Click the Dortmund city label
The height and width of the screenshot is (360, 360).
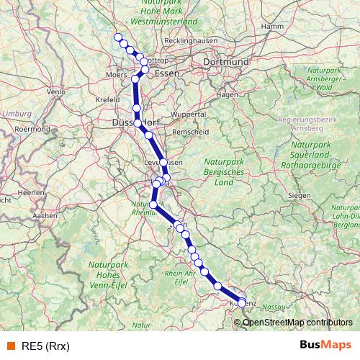(x=226, y=63)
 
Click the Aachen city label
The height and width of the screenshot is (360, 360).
(x=45, y=215)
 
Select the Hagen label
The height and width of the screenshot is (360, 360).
(x=227, y=94)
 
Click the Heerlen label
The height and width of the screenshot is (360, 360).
(x=31, y=193)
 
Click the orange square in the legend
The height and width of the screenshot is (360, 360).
(x=10, y=346)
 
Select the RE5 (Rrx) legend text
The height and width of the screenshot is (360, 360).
(x=46, y=346)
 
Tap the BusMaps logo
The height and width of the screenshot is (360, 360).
(x=325, y=345)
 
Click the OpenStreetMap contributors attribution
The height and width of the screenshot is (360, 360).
(x=297, y=322)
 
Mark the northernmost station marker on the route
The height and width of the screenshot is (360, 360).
(x=118, y=37)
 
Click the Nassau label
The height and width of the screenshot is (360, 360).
(x=273, y=307)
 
